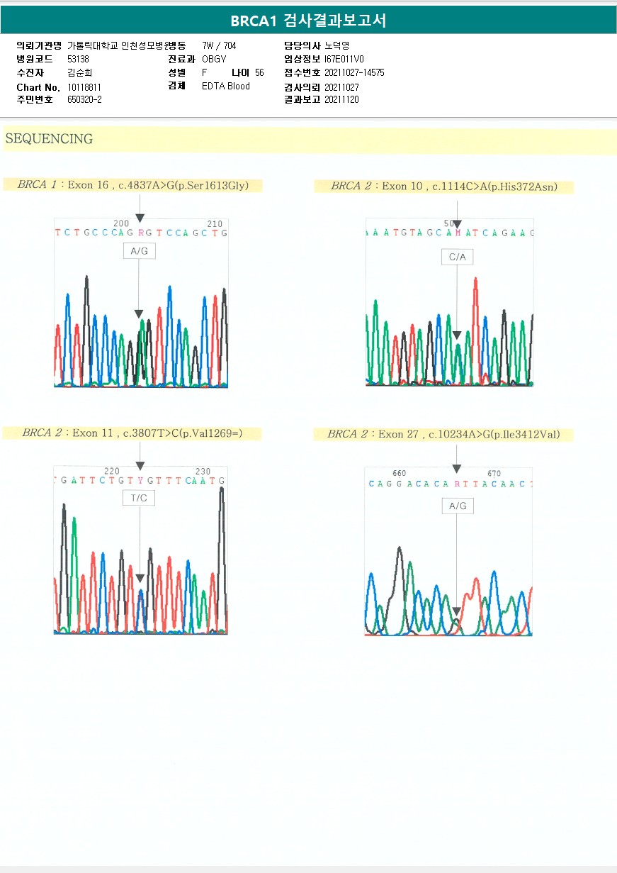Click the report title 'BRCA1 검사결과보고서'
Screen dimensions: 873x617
[x=308, y=21]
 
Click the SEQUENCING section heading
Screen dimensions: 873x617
[x=49, y=139]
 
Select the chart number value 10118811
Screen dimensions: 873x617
[x=84, y=87]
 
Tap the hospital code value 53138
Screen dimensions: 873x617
[x=78, y=60]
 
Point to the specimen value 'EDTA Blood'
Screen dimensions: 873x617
[x=226, y=87]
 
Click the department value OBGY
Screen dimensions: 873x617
[x=214, y=60]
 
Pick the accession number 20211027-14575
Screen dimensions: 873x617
[x=354, y=73]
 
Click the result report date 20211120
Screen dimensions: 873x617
[x=341, y=100]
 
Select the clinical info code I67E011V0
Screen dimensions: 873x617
[x=344, y=60]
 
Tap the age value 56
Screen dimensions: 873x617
[x=259, y=73]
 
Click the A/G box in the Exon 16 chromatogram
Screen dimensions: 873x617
[x=139, y=251]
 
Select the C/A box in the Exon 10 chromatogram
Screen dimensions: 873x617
[x=457, y=257]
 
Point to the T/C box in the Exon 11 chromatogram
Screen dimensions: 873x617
[x=139, y=498]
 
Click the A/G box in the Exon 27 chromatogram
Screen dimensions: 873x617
[x=458, y=506]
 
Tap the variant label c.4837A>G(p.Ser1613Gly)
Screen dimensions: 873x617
[x=183, y=185]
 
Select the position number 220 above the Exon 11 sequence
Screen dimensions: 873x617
[x=112, y=471]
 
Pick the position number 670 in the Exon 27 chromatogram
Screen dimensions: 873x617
[x=494, y=473]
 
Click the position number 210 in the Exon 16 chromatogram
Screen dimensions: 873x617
[x=215, y=223]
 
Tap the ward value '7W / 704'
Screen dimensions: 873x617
[x=219, y=45]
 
